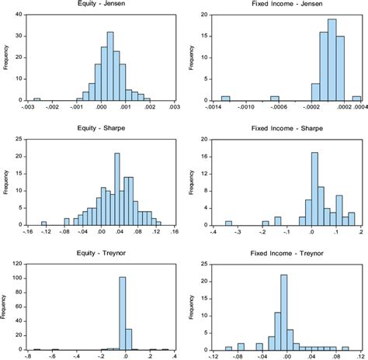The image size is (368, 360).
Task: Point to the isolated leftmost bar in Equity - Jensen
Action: (36, 99)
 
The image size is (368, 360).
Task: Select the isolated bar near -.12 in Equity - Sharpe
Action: (43, 223)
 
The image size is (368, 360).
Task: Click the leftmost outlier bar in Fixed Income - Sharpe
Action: (228, 223)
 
